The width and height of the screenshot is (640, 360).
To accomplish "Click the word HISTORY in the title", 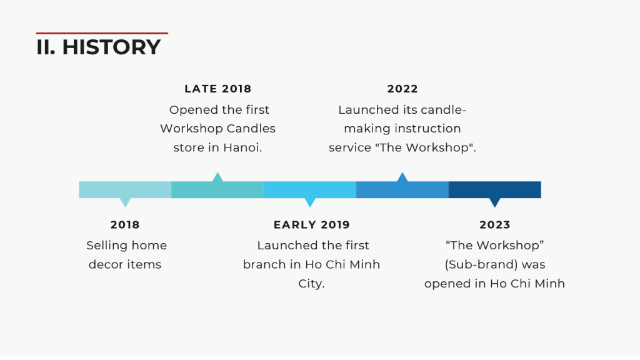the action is [111, 47].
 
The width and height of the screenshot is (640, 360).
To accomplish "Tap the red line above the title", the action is [102, 33].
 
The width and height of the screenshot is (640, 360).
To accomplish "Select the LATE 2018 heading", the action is [218, 89].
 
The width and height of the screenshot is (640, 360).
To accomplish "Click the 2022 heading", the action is [402, 89].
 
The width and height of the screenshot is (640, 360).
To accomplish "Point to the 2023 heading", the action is [495, 224].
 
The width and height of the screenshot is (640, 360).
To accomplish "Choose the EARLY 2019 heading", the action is [312, 224].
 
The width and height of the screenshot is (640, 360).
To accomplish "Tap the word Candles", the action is [251, 128].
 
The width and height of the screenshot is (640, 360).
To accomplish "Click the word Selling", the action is [104, 245].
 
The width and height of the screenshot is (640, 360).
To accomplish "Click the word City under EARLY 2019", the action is [311, 284].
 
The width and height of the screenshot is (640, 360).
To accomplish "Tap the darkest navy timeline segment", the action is [495, 190].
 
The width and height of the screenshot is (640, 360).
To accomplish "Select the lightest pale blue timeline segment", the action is [125, 190].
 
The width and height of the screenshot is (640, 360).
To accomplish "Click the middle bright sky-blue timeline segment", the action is [310, 190].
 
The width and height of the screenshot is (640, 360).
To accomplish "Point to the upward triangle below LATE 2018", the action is [217, 177].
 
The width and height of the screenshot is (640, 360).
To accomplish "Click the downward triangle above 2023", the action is [495, 202].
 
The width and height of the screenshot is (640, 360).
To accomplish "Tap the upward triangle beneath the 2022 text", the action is [402, 177].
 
